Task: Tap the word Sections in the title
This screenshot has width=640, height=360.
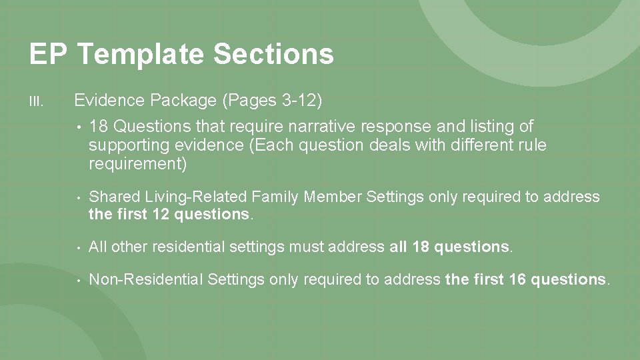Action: click(x=273, y=53)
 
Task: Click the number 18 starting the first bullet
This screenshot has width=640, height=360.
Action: click(x=97, y=126)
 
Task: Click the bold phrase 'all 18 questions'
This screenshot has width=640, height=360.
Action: click(x=449, y=247)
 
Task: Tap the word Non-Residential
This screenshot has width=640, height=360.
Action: click(x=145, y=280)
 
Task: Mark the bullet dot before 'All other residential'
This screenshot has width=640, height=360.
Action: click(x=79, y=248)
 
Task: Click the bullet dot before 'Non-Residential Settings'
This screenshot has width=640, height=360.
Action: click(x=79, y=281)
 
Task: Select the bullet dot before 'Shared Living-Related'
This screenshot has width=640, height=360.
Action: click(x=79, y=197)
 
